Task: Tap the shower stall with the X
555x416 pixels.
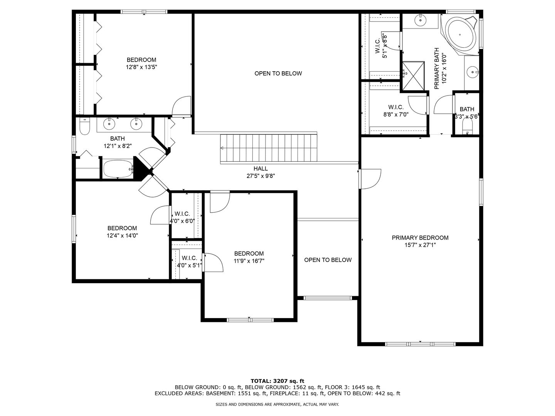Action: pyautogui.click(x=413, y=75)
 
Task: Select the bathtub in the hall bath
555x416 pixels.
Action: pyautogui.click(x=118, y=169)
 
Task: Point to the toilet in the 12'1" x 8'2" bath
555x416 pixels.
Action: pyautogui.click(x=85, y=126)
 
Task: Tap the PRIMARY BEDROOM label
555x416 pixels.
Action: pyautogui.click(x=420, y=238)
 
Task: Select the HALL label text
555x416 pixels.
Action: pyautogui.click(x=261, y=168)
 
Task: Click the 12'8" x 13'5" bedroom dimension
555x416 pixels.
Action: pyautogui.click(x=141, y=67)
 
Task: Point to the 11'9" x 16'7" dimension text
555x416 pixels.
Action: pyautogui.click(x=249, y=261)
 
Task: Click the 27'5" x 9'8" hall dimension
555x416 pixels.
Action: pyautogui.click(x=261, y=176)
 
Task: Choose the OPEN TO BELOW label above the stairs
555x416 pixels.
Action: pyautogui.click(x=278, y=74)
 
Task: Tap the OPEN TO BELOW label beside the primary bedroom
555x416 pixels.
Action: pyautogui.click(x=328, y=260)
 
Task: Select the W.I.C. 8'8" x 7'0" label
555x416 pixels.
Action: pyautogui.click(x=396, y=111)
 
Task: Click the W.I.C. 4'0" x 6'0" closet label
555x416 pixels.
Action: pyautogui.click(x=182, y=218)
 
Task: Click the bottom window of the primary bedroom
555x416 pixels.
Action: pyautogui.click(x=420, y=344)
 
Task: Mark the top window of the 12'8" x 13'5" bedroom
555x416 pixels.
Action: pyautogui.click(x=144, y=12)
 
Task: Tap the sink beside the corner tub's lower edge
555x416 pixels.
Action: pyautogui.click(x=472, y=72)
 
